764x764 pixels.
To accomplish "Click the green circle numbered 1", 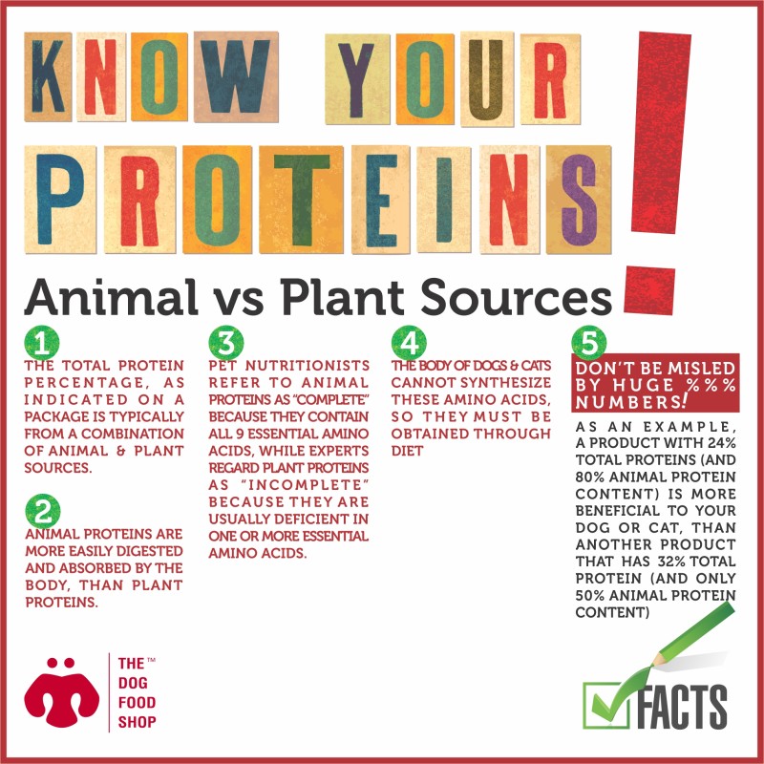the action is [42, 343].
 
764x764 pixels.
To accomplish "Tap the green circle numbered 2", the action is [43, 511].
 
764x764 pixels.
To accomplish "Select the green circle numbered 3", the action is [226, 343].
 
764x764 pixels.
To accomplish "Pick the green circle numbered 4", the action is [409, 343].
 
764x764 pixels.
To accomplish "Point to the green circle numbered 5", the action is [589, 343].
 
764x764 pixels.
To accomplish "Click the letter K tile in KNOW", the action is [48, 77].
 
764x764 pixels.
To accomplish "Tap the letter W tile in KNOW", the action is [236, 77].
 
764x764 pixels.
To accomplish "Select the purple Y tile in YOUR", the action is [357, 79].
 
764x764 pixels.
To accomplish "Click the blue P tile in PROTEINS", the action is [60, 200].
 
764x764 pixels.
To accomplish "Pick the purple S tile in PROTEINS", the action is [579, 200].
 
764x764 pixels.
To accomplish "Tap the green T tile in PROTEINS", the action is [301, 200].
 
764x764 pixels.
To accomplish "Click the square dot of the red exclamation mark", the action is [649, 290].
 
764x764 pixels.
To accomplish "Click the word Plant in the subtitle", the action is [342, 297].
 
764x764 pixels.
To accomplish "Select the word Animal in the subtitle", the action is [111, 297].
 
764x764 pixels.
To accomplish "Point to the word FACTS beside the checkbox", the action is [681, 707].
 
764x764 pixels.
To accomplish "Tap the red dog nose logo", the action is [62, 691].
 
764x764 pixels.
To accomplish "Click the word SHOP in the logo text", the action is [137, 722].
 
